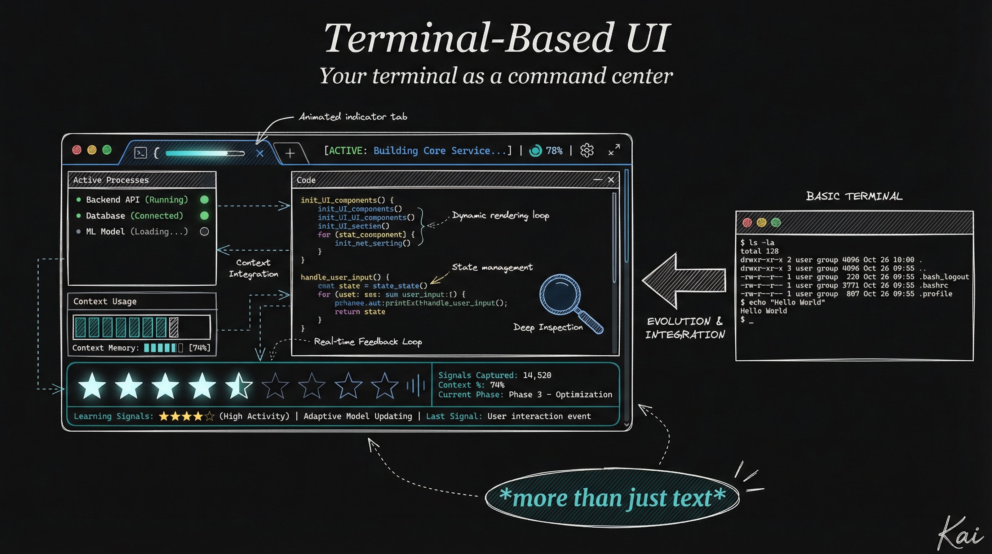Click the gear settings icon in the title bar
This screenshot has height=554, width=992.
tap(587, 150)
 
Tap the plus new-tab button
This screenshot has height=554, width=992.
tap(290, 153)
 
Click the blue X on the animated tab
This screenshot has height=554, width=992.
tap(260, 153)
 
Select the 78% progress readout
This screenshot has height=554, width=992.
tap(554, 151)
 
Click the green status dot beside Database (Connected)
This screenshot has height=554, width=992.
tap(204, 216)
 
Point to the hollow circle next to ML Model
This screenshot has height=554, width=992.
tap(204, 232)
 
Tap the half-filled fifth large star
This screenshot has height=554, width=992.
tap(239, 385)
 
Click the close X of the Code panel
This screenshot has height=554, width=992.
tap(611, 180)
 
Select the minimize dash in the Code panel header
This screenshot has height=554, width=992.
tap(597, 180)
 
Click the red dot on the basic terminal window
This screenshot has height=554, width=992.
tap(747, 222)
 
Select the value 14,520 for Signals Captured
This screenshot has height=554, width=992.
tap(537, 375)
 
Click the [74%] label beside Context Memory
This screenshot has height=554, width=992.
tap(199, 348)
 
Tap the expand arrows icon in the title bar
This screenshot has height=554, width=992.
tap(614, 150)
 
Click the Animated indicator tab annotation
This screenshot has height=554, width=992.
tap(353, 117)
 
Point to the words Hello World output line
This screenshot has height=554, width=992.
tap(763, 311)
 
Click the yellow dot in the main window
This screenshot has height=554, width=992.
tap(92, 150)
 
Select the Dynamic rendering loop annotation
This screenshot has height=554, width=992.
tap(500, 215)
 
